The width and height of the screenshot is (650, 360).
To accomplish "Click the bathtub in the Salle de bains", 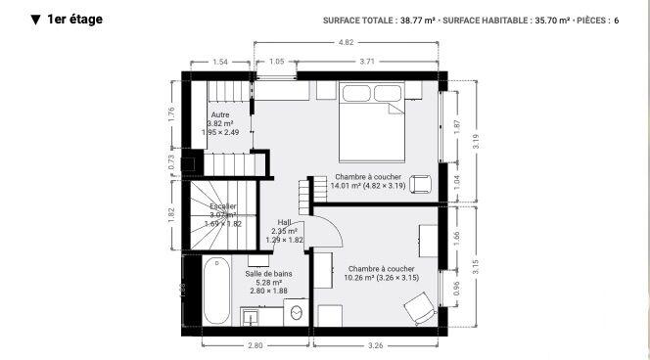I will (217, 290).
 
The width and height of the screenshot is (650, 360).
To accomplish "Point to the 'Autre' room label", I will (220, 115).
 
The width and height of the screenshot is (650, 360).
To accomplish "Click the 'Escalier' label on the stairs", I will (222, 206).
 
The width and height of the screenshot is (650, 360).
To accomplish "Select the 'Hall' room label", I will (285, 222).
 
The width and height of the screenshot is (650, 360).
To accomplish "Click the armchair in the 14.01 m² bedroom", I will (420, 183).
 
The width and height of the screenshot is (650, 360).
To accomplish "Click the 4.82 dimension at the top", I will (347, 43).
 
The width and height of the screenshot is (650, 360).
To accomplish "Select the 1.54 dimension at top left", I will (220, 62).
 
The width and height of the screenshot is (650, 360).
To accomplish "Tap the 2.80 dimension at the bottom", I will (255, 345).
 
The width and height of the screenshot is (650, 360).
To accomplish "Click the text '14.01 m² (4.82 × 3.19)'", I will (367, 185).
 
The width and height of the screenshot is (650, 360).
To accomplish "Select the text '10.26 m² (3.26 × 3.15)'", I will (382, 277).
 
